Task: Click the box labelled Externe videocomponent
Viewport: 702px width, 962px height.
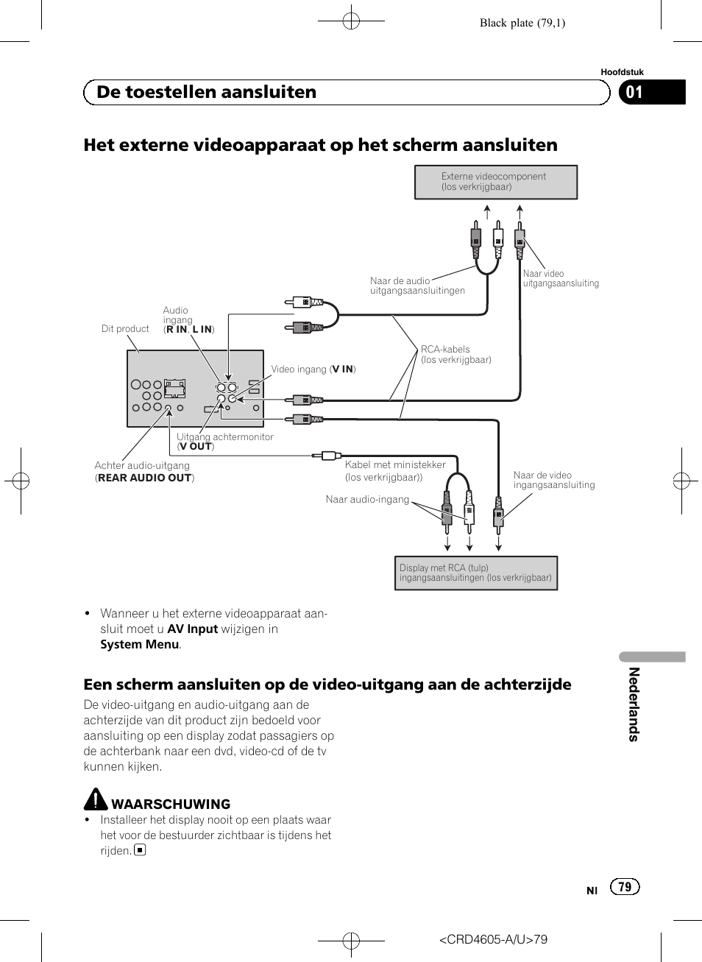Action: [495, 182]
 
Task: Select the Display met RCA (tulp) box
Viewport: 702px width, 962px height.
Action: [475, 573]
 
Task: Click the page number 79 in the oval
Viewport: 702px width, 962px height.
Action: [625, 887]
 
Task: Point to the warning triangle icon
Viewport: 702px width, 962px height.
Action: [96, 799]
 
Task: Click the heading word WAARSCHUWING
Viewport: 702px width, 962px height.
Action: [171, 804]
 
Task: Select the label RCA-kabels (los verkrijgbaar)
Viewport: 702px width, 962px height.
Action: [455, 355]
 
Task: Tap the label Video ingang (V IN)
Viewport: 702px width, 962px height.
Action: [313, 369]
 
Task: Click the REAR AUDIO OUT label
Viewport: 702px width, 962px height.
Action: [144, 478]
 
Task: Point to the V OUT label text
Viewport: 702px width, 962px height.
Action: [196, 446]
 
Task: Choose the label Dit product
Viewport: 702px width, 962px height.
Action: [125, 329]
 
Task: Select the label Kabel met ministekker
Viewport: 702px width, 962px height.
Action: [395, 465]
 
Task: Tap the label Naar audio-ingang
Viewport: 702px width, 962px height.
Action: [367, 500]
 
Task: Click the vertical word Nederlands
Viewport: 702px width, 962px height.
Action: [634, 704]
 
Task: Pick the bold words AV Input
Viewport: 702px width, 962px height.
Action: [192, 629]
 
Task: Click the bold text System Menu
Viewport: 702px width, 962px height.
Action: [140, 644]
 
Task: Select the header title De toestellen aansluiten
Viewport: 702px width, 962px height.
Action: [207, 92]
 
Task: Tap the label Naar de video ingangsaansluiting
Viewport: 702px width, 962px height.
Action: [553, 480]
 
